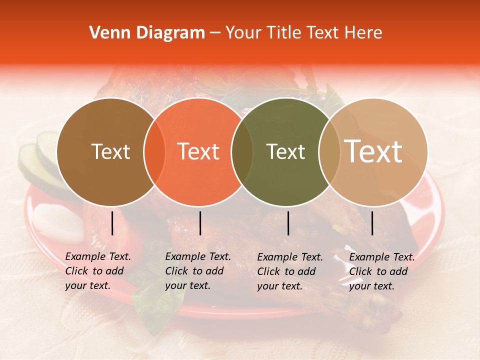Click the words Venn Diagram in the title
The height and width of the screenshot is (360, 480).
147,33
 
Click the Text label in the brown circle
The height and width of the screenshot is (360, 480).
110,151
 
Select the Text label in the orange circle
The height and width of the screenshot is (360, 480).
198,151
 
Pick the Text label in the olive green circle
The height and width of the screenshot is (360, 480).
285,151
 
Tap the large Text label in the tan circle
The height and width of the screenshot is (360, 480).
373,151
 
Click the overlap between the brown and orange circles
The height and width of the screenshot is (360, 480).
154,152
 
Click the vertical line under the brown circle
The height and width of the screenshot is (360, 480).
112,223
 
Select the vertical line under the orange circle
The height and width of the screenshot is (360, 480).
200,223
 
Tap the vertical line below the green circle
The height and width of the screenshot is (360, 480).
288,223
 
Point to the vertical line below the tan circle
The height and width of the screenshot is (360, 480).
372,223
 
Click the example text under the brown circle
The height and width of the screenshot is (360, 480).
98,271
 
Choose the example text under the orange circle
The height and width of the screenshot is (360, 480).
198,271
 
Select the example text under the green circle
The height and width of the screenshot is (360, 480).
290,271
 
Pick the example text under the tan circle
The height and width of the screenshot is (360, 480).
382,271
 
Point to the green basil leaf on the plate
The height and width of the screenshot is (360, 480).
155,295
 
